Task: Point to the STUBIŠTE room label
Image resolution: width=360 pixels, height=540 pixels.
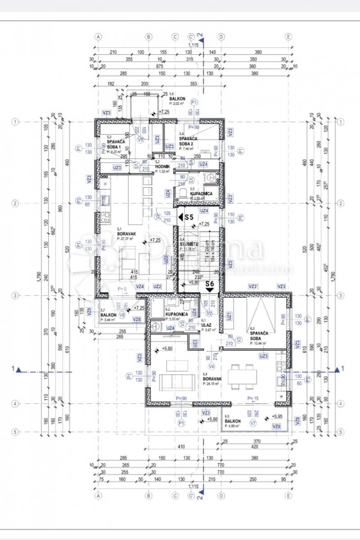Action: click(x=188, y=244)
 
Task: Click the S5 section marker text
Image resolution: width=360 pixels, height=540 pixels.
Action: click(x=189, y=217)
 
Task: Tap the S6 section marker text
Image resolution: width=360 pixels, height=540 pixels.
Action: click(x=209, y=284)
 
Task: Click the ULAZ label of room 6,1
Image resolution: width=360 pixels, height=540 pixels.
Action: click(x=207, y=325)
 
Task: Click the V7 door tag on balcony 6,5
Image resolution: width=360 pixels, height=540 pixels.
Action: click(x=253, y=423)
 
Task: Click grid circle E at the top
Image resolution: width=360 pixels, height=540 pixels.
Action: click(x=288, y=37)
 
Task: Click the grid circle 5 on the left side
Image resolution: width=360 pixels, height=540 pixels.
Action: click(x=15, y=432)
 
